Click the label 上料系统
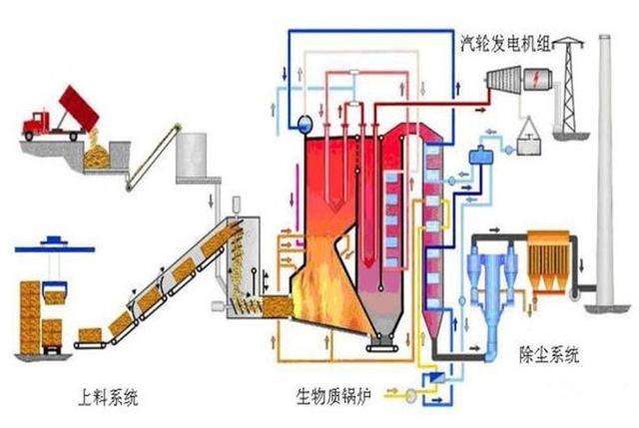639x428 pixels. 108,397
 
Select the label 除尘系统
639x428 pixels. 549,354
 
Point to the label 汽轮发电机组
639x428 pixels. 506,44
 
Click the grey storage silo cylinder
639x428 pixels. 192,156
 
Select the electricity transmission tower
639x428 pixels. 568,85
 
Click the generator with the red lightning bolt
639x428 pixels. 536,79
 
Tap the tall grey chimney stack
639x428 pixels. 605,171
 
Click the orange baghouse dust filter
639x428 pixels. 548,260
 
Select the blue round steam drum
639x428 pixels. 304,123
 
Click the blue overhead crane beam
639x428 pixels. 55,248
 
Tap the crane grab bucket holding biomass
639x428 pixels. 54,292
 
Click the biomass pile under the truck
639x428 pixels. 96,158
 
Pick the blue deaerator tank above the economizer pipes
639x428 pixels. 481,156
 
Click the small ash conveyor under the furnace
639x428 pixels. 382,348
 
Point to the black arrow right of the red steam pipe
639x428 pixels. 480,110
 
